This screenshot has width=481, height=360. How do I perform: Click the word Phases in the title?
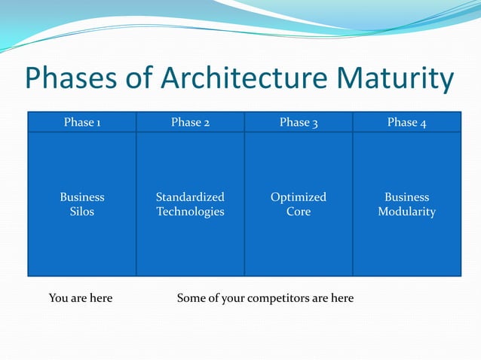pyautogui.click(x=69, y=79)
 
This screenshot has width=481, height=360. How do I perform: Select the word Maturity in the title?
pyautogui.click(x=395, y=79)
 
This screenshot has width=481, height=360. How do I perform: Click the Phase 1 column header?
pyautogui.click(x=82, y=122)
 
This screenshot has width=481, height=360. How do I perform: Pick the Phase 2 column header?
pyautogui.click(x=190, y=122)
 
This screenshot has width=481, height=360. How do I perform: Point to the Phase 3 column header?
pyautogui.click(x=299, y=122)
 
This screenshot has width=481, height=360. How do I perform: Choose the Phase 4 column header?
pyautogui.click(x=406, y=122)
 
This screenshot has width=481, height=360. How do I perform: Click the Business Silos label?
pyautogui.click(x=82, y=204)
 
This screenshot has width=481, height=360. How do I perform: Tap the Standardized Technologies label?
pyautogui.click(x=190, y=204)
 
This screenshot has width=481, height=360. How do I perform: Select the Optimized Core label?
pyautogui.click(x=299, y=204)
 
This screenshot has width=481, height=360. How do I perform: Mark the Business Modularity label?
pyautogui.click(x=406, y=204)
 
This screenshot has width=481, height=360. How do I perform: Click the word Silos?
pyautogui.click(x=82, y=212)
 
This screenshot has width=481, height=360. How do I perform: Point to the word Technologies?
pyautogui.click(x=190, y=212)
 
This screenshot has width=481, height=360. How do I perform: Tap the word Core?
pyautogui.click(x=299, y=212)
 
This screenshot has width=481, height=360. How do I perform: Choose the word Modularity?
pyautogui.click(x=406, y=212)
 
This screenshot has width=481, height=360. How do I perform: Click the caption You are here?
pyautogui.click(x=81, y=298)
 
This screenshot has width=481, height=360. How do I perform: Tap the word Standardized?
pyautogui.click(x=190, y=197)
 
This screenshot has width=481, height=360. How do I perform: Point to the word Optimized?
pyautogui.click(x=299, y=197)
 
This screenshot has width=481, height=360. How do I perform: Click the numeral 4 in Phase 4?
pyautogui.click(x=423, y=123)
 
